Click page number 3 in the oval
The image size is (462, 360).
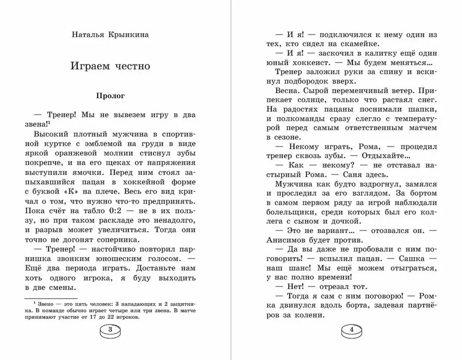[x=109, y=330]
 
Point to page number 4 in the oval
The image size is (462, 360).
[x=352, y=330]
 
